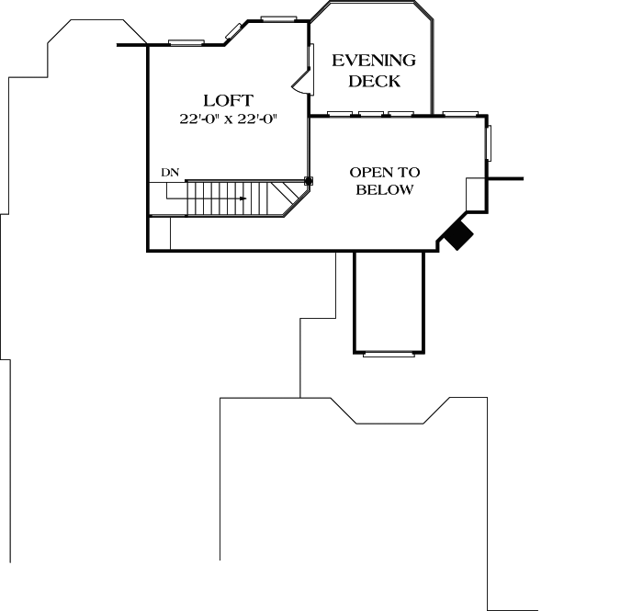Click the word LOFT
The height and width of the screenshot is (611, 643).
[x=228, y=100]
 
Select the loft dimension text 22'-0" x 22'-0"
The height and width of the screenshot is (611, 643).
[x=228, y=119]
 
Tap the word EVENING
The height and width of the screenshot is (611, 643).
[x=374, y=61]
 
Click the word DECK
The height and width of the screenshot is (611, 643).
[x=374, y=81]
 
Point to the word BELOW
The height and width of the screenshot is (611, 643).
[x=385, y=190]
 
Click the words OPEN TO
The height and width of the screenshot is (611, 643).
[x=385, y=172]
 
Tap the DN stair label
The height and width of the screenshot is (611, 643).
[x=169, y=172]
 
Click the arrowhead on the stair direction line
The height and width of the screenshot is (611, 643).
[x=243, y=198]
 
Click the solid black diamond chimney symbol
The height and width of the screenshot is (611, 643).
[x=457, y=234]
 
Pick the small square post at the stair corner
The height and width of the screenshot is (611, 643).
[x=309, y=181]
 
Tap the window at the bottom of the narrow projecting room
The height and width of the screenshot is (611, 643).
[x=389, y=353]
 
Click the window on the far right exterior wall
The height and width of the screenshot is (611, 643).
[x=489, y=144]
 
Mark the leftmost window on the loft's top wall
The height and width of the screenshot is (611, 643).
[x=186, y=41]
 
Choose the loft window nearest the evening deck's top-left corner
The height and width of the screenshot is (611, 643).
[x=278, y=17]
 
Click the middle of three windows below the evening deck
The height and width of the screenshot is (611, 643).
[x=371, y=115]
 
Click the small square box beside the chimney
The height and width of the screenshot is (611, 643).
[x=475, y=196]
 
